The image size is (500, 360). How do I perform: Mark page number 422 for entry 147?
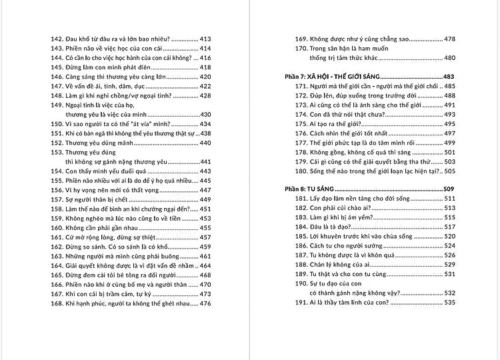[x=205, y=86]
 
